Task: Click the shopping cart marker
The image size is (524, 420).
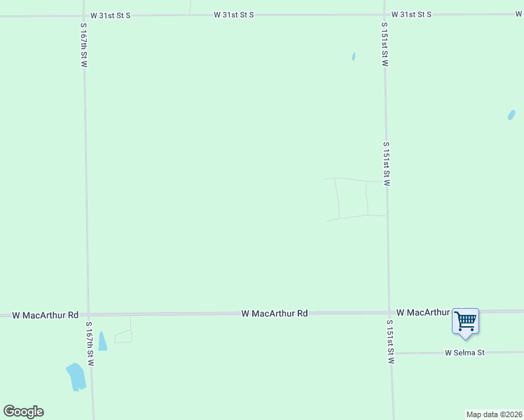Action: pyautogui.click(x=465, y=321)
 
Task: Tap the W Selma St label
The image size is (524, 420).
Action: pyautogui.click(x=464, y=353)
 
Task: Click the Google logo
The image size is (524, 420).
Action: pyautogui.click(x=23, y=412)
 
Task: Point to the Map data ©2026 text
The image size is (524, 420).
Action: pyautogui.click(x=494, y=414)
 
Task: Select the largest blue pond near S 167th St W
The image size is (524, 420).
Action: pyautogui.click(x=76, y=377)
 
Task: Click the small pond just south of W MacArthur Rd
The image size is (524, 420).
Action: pyautogui.click(x=102, y=341)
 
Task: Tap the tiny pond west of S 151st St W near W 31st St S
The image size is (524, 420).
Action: pyautogui.click(x=354, y=57)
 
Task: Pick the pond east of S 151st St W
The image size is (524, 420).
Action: pyautogui.click(x=511, y=115)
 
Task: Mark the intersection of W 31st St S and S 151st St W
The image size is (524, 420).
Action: pyautogui.click(x=385, y=14)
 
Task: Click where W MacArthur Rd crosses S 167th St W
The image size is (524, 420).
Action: pyautogui.click(x=88, y=315)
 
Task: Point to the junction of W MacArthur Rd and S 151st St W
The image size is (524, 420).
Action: pyautogui.click(x=389, y=312)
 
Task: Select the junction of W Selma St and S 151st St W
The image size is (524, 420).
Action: pyautogui.click(x=391, y=353)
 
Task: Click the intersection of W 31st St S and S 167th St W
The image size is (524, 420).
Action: pyautogui.click(x=83, y=15)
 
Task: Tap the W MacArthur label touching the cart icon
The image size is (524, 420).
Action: pyautogui.click(x=422, y=312)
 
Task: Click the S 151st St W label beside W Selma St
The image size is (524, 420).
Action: pyautogui.click(x=391, y=342)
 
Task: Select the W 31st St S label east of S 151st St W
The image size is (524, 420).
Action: pyautogui.click(x=411, y=14)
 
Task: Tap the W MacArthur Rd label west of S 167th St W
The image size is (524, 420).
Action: pyautogui.click(x=45, y=315)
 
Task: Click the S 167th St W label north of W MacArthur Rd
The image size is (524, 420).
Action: pyautogui.click(x=83, y=45)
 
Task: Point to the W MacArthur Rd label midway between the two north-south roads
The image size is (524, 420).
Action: pyautogui.click(x=275, y=314)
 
